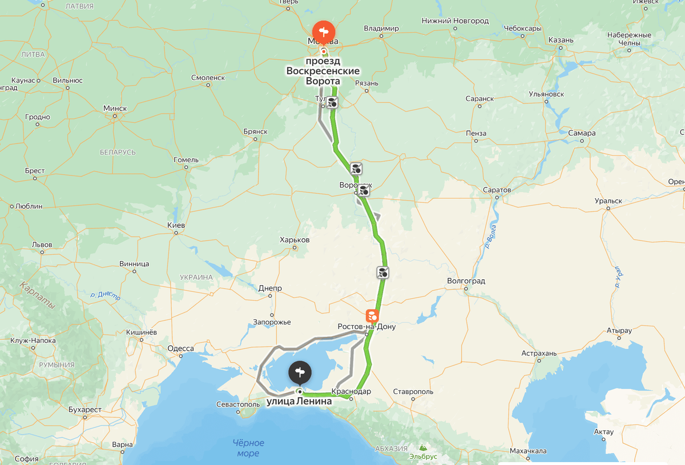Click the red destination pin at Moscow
tap(324, 31)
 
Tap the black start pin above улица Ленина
tap(300, 372)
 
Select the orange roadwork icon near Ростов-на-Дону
tap(372, 315)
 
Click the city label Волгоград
tap(466, 281)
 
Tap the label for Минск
tap(115, 108)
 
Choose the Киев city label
tap(176, 226)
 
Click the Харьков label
tap(295, 240)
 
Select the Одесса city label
tap(180, 348)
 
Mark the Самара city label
tap(582, 133)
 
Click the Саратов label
tap(497, 190)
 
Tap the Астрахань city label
tap(539, 354)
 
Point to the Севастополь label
tap(238, 404)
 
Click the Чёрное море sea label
tap(248, 448)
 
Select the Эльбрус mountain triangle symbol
tap(422, 448)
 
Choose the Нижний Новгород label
tap(455, 21)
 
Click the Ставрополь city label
tap(413, 392)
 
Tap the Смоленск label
tap(208, 78)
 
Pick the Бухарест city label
tap(84, 410)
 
